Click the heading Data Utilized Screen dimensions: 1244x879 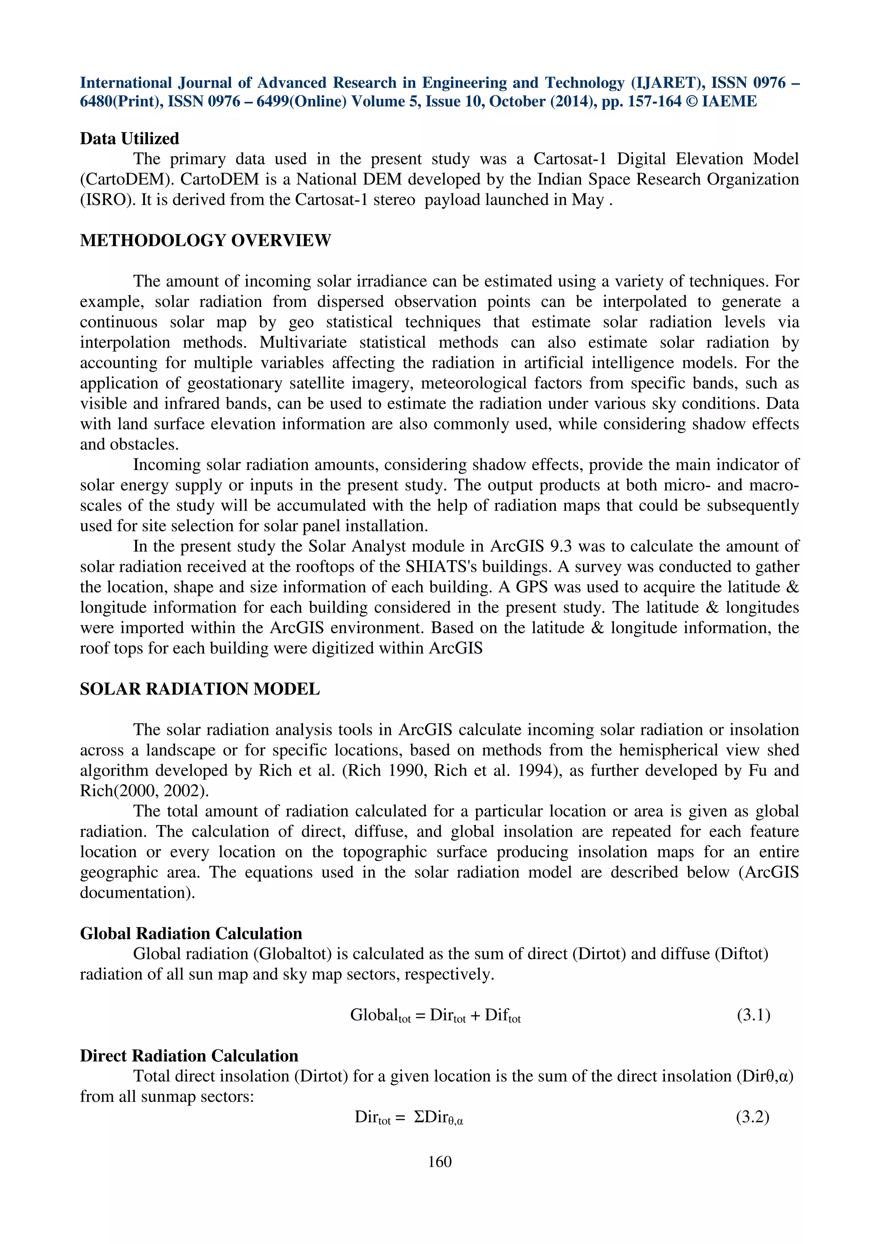130,139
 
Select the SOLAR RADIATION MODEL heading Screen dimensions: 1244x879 200,689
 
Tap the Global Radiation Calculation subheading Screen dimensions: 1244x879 191,934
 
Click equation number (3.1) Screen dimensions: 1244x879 753,1015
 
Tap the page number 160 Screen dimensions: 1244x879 439,1162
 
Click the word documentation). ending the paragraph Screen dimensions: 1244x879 138,893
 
